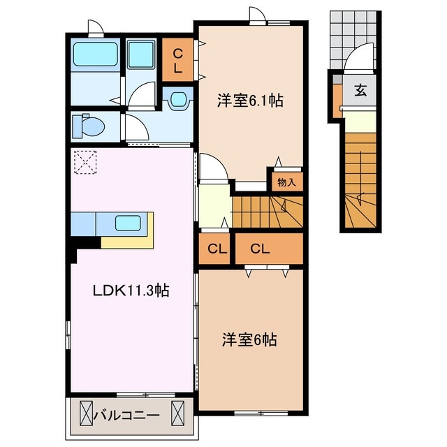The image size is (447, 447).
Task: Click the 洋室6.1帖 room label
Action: (x=249, y=101)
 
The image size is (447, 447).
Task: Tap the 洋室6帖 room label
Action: (x=249, y=340)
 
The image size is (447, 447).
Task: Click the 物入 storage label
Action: (x=286, y=182)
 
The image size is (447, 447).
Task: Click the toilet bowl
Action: (x=89, y=126)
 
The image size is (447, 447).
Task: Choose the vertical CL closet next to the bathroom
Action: (x=177, y=60)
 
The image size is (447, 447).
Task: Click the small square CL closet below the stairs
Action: (x=216, y=249)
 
